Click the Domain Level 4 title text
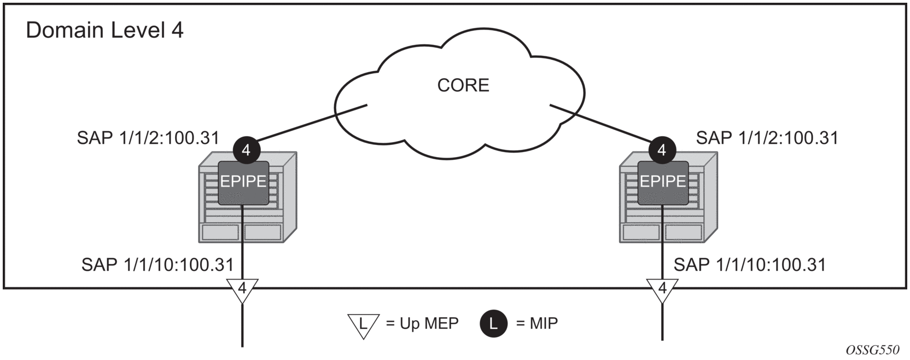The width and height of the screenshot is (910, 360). tap(104, 30)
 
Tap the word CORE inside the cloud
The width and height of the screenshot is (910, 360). tap(463, 85)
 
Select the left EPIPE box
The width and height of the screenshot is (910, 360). tap(243, 182)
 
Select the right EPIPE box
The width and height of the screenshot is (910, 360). tap(663, 182)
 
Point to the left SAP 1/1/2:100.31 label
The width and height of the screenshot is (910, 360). tap(148, 138)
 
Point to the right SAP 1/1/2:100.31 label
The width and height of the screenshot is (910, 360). tap(767, 138)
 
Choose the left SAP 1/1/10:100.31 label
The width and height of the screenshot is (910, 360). tap(157, 265)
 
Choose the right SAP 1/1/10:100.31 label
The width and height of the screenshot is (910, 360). tap(749, 265)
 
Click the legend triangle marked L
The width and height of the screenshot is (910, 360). tap(363, 325)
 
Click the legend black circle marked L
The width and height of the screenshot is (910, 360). tap(493, 324)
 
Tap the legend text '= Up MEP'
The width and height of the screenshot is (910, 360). tap(422, 324)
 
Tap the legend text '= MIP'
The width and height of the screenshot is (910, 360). tap(537, 324)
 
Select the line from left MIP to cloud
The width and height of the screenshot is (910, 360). tap(306, 124)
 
